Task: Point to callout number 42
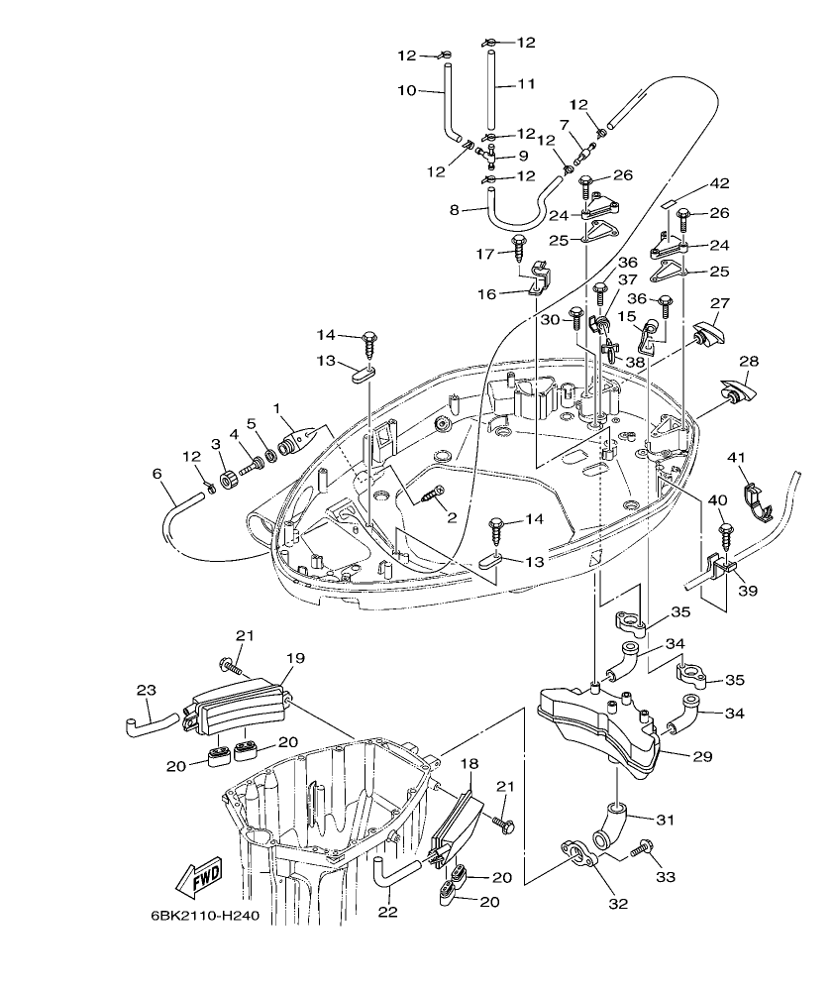(718, 183)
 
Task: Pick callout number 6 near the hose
(156, 475)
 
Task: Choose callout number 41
(736, 457)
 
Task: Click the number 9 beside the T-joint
(523, 156)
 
